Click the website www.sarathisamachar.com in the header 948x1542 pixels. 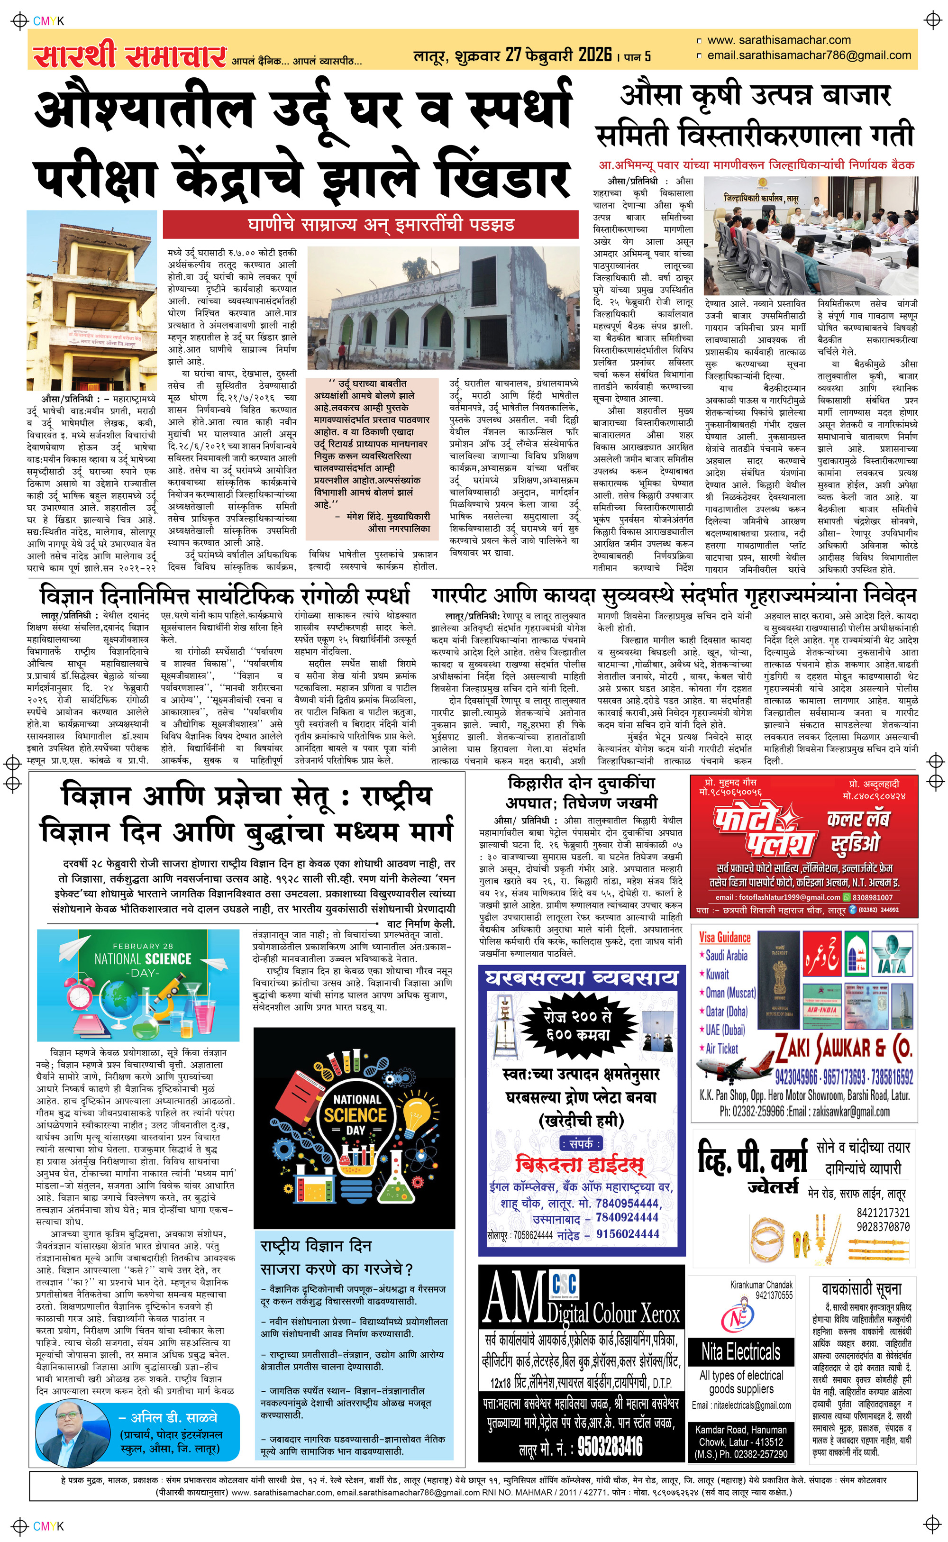click(779, 40)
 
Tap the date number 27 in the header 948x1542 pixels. click(513, 55)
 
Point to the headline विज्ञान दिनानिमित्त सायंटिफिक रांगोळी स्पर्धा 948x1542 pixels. click(225, 595)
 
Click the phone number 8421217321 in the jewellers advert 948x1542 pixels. click(883, 1213)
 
